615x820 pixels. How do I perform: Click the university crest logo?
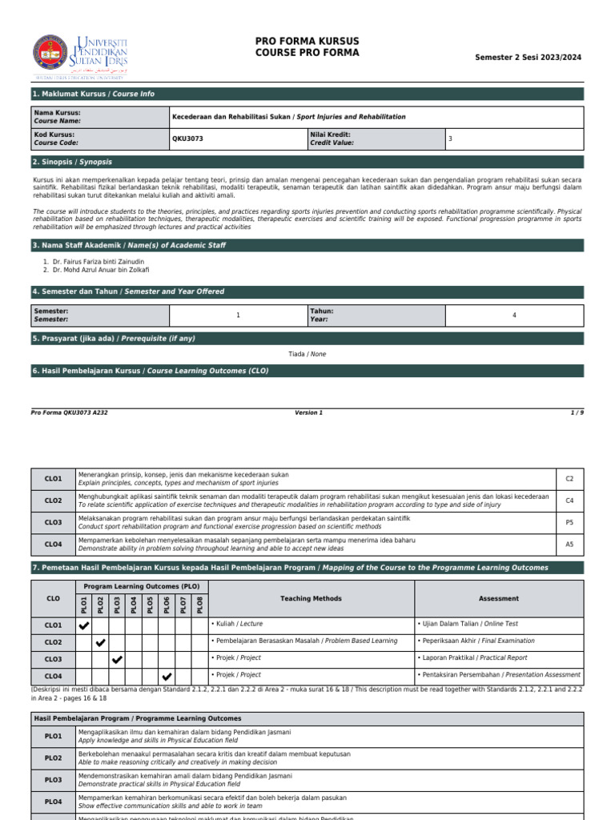[x=50, y=52]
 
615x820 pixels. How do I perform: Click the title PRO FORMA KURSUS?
[x=307, y=41]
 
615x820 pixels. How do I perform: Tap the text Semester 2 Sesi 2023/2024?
[x=528, y=58]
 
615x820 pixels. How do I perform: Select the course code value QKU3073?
[x=188, y=139]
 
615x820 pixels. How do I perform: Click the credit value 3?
[x=450, y=139]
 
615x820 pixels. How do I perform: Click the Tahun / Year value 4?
[x=514, y=316]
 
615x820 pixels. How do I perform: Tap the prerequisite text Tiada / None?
[x=307, y=354]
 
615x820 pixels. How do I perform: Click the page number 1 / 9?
[x=577, y=412]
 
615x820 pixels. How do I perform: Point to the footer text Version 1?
[x=308, y=412]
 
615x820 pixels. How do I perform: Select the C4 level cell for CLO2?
[x=569, y=500]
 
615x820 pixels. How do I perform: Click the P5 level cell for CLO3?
[x=569, y=522]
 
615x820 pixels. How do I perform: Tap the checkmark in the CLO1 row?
[x=84, y=625]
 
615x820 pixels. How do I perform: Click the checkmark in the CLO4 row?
[x=167, y=677]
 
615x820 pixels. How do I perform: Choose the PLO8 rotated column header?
[x=200, y=605]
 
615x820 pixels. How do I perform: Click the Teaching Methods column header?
[x=311, y=598]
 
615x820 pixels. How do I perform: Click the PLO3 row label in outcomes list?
[x=53, y=780]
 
